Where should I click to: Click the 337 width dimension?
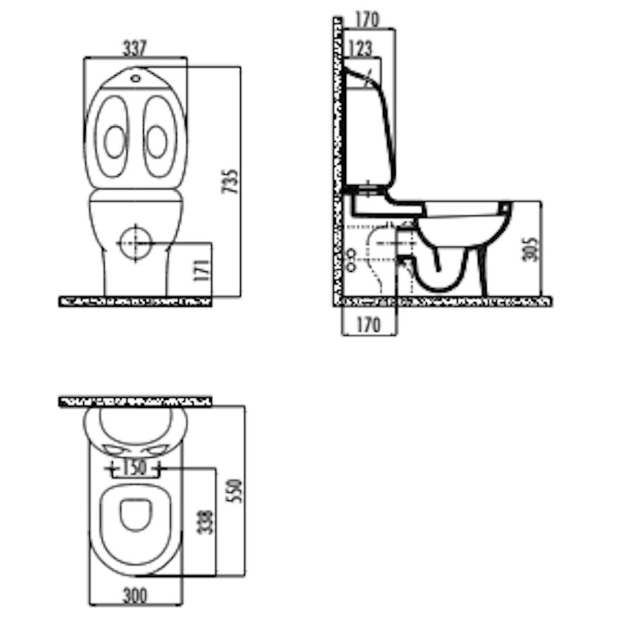pyautogui.click(x=135, y=48)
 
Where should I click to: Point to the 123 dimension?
pyautogui.click(x=360, y=49)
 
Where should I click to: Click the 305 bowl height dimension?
pyautogui.click(x=533, y=248)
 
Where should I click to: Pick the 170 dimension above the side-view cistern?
pyautogui.click(x=368, y=20)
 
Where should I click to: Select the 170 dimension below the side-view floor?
pyautogui.click(x=368, y=325)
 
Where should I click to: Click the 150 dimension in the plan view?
pyautogui.click(x=135, y=466)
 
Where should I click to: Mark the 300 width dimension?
pyautogui.click(x=135, y=596)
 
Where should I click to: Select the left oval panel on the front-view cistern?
pyautogui.click(x=112, y=138)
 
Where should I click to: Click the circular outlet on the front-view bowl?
pyautogui.click(x=133, y=242)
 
